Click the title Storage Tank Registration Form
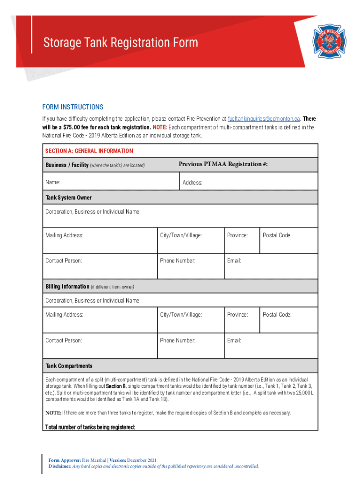point(121,43)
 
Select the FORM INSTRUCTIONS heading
point(72,107)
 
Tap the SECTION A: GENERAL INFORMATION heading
point(89,151)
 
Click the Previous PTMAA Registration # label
point(223,164)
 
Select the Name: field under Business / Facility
point(53,182)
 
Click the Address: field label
point(192,183)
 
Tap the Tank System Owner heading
point(68,198)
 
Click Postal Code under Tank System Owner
point(277,235)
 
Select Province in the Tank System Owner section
point(237,235)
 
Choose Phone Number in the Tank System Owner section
point(177,261)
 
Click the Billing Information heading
point(67,286)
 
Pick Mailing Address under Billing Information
point(64,315)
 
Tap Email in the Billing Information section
point(234,341)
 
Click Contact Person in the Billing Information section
point(63,341)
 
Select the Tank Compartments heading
point(69,366)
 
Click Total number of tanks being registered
point(90,427)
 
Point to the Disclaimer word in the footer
point(60,466)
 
